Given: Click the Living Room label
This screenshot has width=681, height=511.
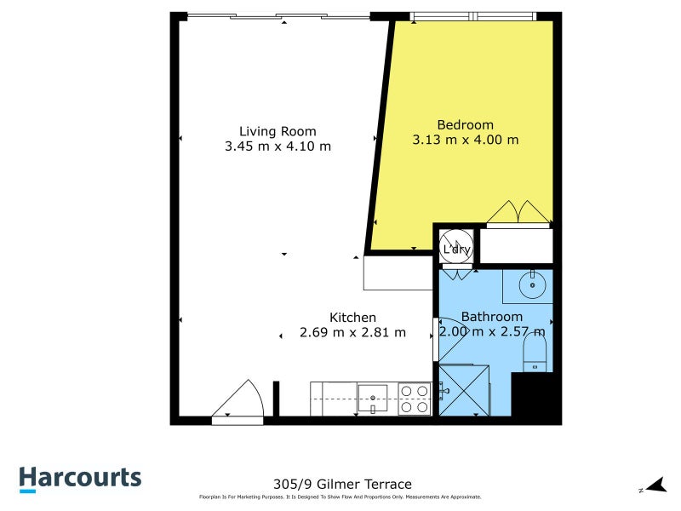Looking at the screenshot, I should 278,131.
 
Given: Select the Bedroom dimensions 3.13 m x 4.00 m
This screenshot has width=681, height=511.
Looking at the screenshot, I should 465,140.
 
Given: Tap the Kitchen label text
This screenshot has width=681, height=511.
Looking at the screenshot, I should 352,318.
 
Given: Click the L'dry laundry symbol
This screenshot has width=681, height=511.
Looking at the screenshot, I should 455,248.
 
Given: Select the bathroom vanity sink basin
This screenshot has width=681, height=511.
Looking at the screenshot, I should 533,285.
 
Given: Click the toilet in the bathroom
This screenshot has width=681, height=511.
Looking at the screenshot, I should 535,350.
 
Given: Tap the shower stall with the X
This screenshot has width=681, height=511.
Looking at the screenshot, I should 464,390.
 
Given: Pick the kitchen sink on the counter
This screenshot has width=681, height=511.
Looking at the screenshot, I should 373,396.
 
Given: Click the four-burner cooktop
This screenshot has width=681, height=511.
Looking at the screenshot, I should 415,399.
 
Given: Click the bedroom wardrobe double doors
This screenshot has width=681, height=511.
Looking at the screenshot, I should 518,215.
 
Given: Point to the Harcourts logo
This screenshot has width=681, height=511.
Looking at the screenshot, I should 80,478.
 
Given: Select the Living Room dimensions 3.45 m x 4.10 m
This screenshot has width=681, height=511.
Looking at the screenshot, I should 278,146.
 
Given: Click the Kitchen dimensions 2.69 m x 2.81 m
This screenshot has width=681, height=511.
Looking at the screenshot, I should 352,333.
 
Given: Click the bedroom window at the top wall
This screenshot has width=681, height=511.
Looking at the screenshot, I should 472,16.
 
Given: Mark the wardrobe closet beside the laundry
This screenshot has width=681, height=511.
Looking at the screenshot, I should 516,245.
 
